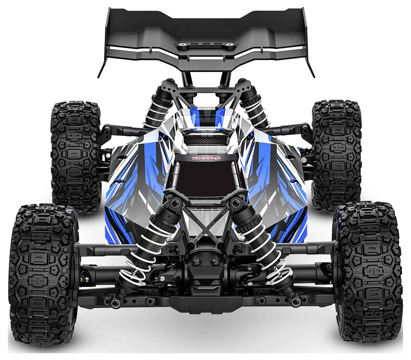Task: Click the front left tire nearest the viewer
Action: [44, 274]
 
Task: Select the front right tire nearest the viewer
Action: [368, 274]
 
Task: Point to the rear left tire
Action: [76, 157]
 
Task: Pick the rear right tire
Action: [336, 155]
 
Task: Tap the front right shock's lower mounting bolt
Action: [295, 302]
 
